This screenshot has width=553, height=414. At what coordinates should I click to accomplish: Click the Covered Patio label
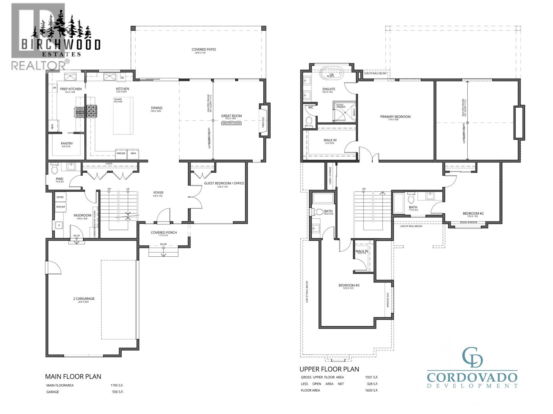coord(204,50)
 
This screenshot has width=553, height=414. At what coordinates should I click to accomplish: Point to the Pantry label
coord(67,144)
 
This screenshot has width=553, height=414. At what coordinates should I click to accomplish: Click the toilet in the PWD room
coord(55,169)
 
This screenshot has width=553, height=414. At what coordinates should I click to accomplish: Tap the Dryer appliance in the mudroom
coord(60,197)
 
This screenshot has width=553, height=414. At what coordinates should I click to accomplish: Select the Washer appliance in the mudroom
coord(60,207)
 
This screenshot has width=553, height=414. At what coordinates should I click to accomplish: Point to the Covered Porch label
coord(163,233)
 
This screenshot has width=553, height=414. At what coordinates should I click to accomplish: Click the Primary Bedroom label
coord(395,117)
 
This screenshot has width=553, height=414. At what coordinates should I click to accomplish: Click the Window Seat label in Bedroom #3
coord(388,300)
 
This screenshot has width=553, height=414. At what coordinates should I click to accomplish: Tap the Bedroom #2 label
coord(473,214)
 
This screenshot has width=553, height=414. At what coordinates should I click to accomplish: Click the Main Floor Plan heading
coord(73,376)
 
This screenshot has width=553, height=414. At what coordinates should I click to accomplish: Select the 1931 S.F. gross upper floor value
coord(371,377)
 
